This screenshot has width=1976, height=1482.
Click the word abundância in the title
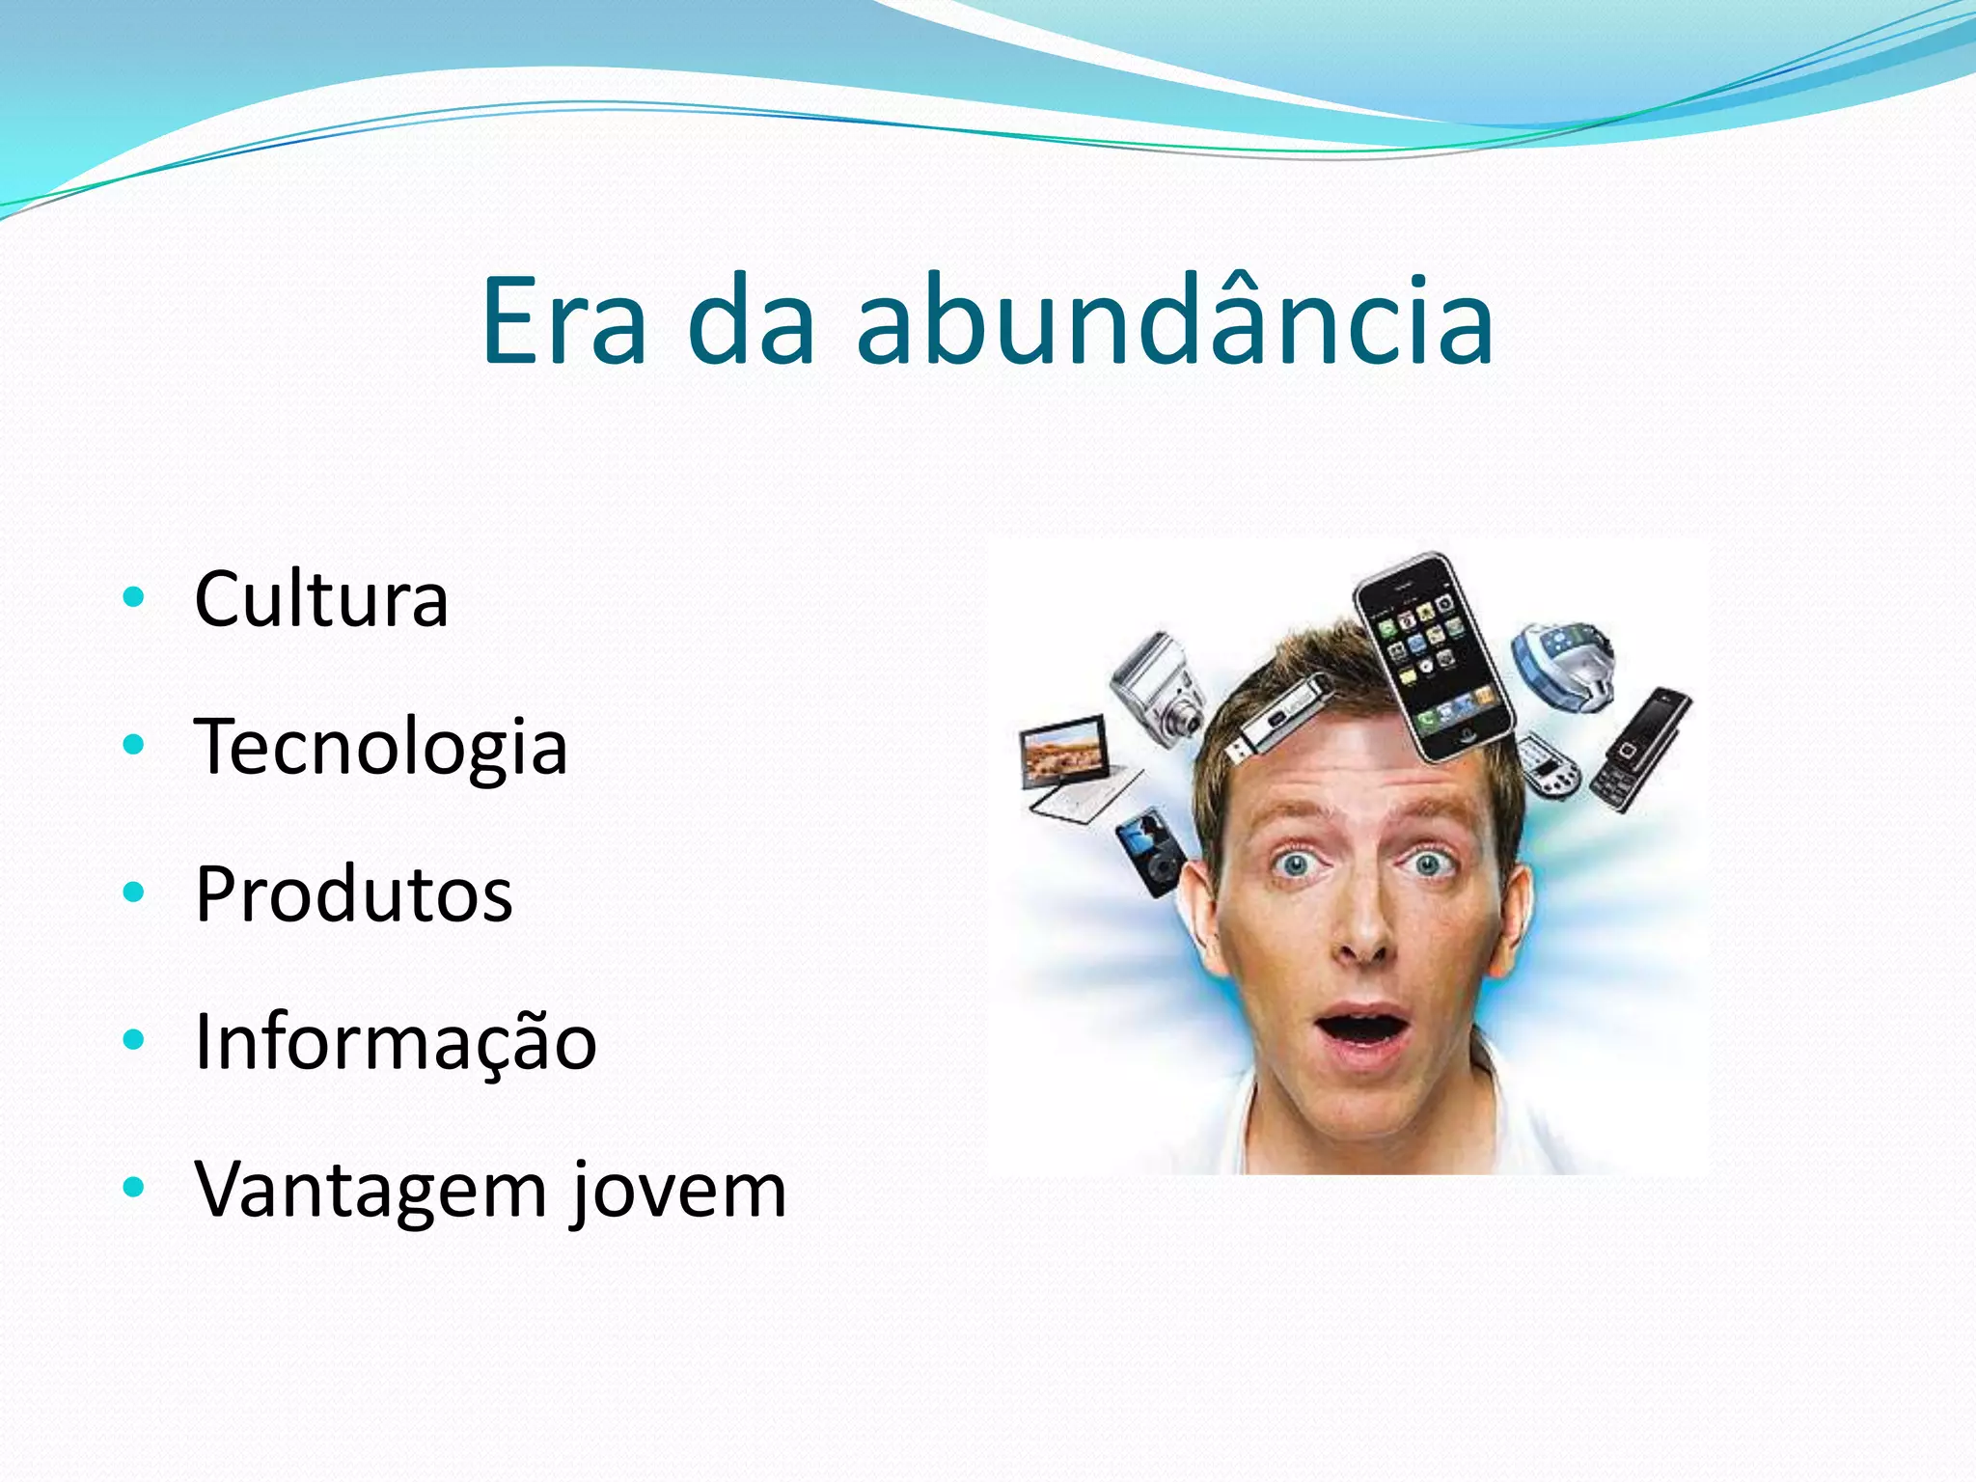point(1174,320)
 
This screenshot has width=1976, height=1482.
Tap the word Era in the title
point(563,320)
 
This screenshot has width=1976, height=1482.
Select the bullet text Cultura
point(321,599)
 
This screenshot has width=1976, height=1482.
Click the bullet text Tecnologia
point(381,747)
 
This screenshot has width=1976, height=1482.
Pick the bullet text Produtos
point(353,894)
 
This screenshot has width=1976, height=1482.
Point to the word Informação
point(396,1042)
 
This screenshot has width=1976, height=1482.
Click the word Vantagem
point(371,1191)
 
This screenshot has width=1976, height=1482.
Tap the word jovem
point(678,1191)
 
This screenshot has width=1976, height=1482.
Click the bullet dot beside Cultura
point(134,598)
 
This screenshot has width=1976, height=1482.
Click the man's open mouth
point(1363,1029)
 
